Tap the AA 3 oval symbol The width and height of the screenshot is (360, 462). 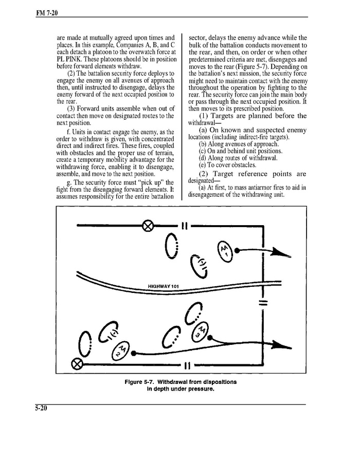[202, 334]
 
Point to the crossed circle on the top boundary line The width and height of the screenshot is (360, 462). [148, 225]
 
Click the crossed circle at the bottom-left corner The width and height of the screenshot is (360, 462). [77, 364]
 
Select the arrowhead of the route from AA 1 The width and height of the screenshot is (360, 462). [279, 252]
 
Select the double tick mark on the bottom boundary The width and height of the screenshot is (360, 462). [187, 365]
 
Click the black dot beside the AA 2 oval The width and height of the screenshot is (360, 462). [134, 354]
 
